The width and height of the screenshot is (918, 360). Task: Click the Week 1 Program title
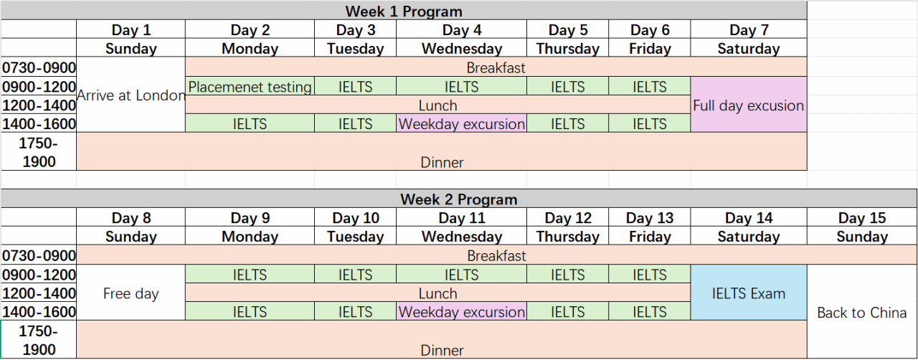coord(404,11)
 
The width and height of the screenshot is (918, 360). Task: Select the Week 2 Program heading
coord(458,199)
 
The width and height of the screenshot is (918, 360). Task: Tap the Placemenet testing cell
coord(250,87)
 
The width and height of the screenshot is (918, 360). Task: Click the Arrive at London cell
coord(131,95)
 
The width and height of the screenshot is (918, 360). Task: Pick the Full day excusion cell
coord(748,105)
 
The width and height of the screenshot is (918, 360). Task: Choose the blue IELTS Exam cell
coord(748,293)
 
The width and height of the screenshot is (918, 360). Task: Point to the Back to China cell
coord(862,312)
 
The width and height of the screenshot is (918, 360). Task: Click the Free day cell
coord(131,293)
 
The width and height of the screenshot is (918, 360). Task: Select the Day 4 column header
coord(461,29)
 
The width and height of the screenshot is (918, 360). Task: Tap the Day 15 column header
coord(862,217)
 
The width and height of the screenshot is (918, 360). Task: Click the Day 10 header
coord(355,217)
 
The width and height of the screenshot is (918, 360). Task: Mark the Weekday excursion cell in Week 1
coord(461,123)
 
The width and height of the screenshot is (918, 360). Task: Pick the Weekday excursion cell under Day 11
coord(461,311)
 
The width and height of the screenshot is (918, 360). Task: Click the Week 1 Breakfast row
coord(496,67)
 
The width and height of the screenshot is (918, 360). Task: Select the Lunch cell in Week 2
coord(437,293)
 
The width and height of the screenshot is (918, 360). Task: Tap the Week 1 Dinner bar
coord(442,151)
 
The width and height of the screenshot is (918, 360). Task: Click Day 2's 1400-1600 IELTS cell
coord(250,123)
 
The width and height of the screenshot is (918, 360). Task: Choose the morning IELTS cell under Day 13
coord(650,274)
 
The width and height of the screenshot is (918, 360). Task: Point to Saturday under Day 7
coord(748,48)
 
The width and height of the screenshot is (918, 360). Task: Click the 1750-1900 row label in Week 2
coord(39,339)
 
